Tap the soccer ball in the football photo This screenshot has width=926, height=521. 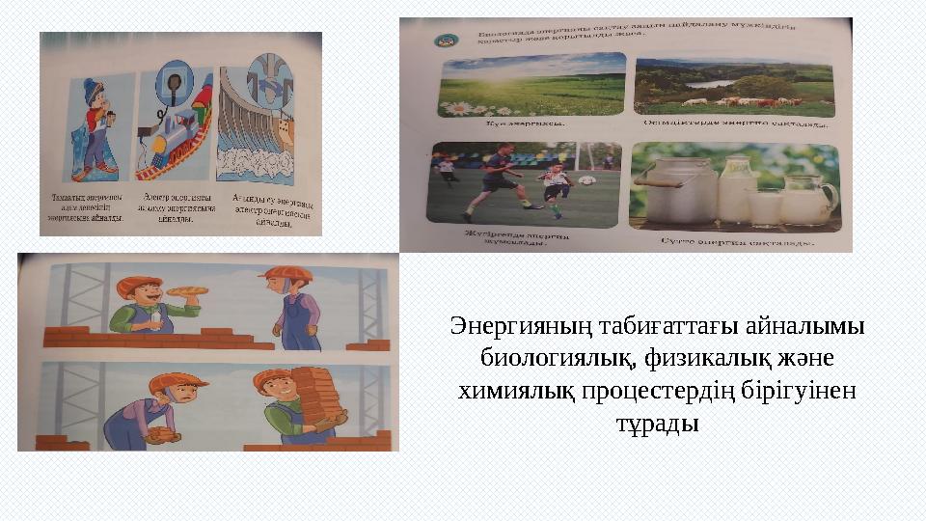[586, 180]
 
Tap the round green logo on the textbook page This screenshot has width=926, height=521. [446, 40]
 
